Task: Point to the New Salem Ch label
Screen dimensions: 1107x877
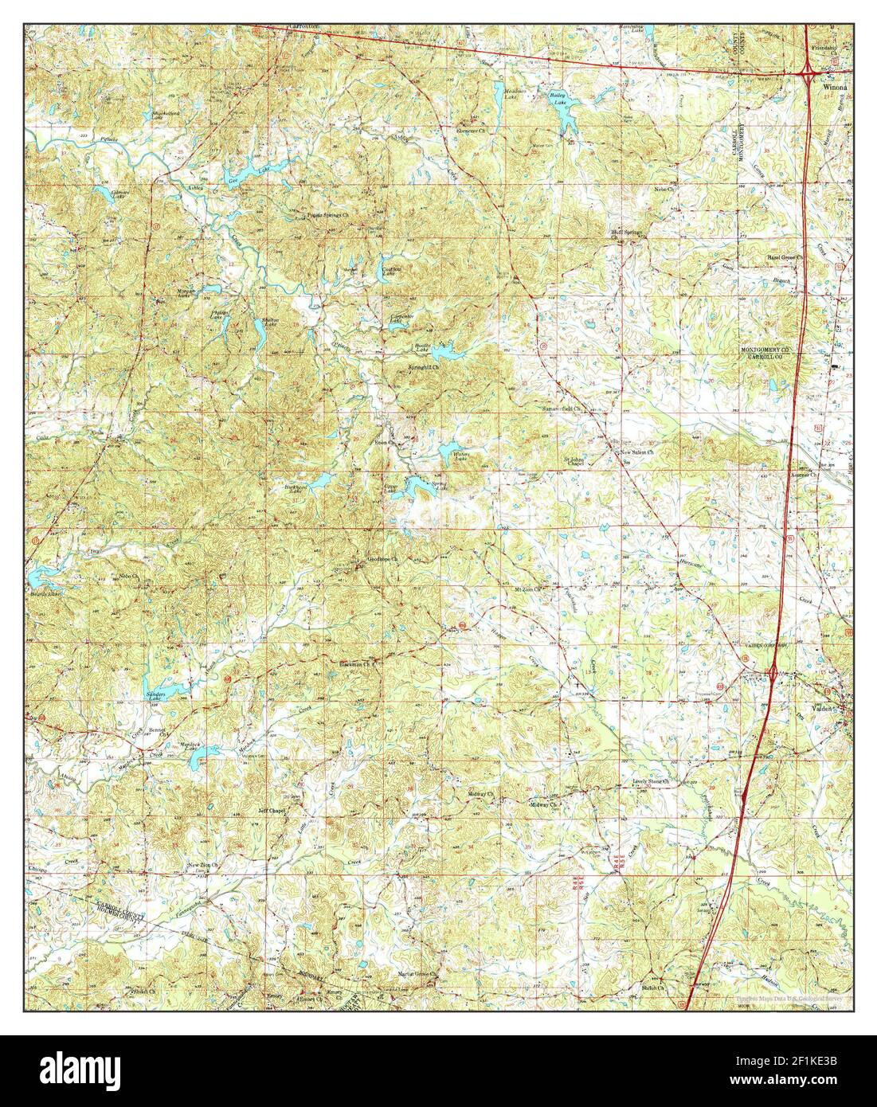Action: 637,452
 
